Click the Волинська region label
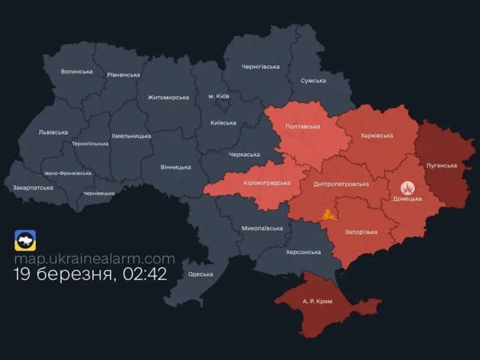coord(77,71)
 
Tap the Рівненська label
coord(123,75)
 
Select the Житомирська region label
coord(168,97)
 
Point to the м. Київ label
coord(219,96)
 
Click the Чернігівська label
coord(260,67)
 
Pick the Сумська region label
coord(313,81)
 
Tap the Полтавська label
coord(303,127)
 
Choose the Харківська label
coord(377,136)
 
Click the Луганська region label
coord(441,165)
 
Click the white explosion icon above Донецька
coord(407,188)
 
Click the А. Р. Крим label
coord(317,301)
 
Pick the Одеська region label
coord(201,274)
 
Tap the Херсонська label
coord(303,252)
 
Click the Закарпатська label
coord(33,188)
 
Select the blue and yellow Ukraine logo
coord(25,240)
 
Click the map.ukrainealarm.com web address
coord(95,259)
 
